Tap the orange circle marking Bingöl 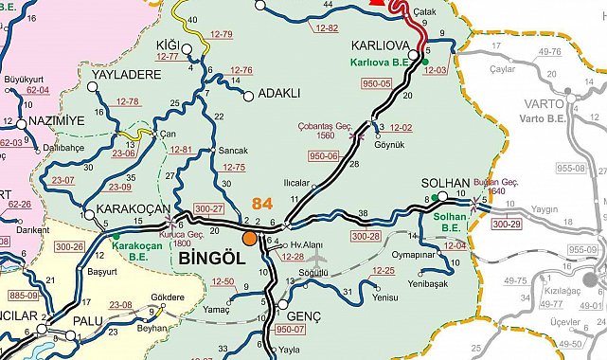tap(250, 239)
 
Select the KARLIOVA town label tap(380, 45)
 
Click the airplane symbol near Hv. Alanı tap(317, 257)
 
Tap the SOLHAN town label tap(444, 182)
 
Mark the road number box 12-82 tap(326, 28)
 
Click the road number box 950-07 tap(292, 331)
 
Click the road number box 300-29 tap(507, 225)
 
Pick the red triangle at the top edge tap(379, 3)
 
